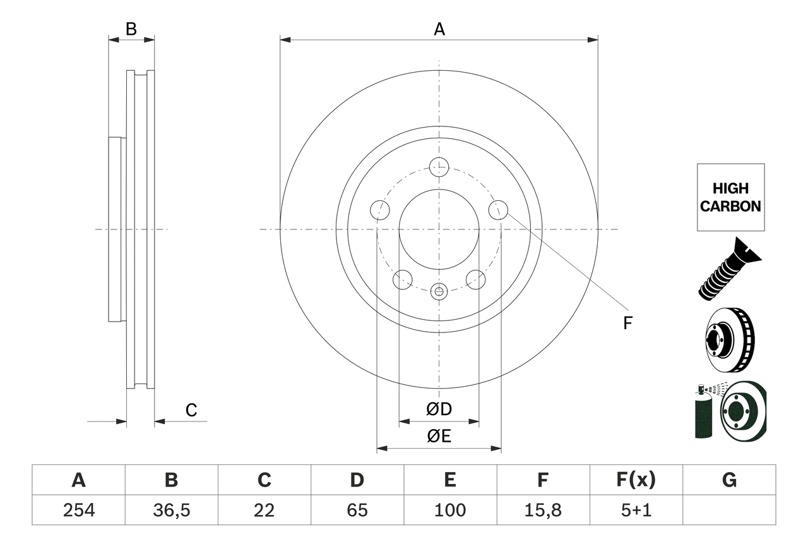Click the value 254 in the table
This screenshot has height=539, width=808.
coord(78,510)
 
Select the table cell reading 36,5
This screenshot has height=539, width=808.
coord(171,510)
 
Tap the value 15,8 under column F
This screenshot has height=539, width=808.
coord(542,510)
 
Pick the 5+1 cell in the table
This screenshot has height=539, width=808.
coord(636,510)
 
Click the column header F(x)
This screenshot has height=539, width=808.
coord(636,480)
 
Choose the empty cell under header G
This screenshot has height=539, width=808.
coord(729,510)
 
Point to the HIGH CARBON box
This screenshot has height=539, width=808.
coord(730,197)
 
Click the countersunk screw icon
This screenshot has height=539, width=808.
coord(729,269)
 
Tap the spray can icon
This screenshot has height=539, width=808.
coord(703,414)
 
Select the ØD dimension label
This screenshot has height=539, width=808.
coord(439,409)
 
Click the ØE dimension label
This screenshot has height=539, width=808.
coord(439,437)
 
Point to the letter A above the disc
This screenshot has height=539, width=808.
coord(439,29)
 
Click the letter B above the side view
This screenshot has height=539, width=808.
coord(131,29)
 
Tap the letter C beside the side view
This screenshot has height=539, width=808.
coord(191,411)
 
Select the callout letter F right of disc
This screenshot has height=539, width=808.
coord(627,324)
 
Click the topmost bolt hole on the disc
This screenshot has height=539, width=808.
coord(439,167)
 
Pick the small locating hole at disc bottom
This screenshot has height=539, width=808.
coord(439,291)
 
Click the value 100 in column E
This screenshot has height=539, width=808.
coord(449,510)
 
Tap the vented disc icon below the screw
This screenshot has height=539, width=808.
coord(729,341)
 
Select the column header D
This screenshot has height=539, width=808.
coord(357,480)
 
